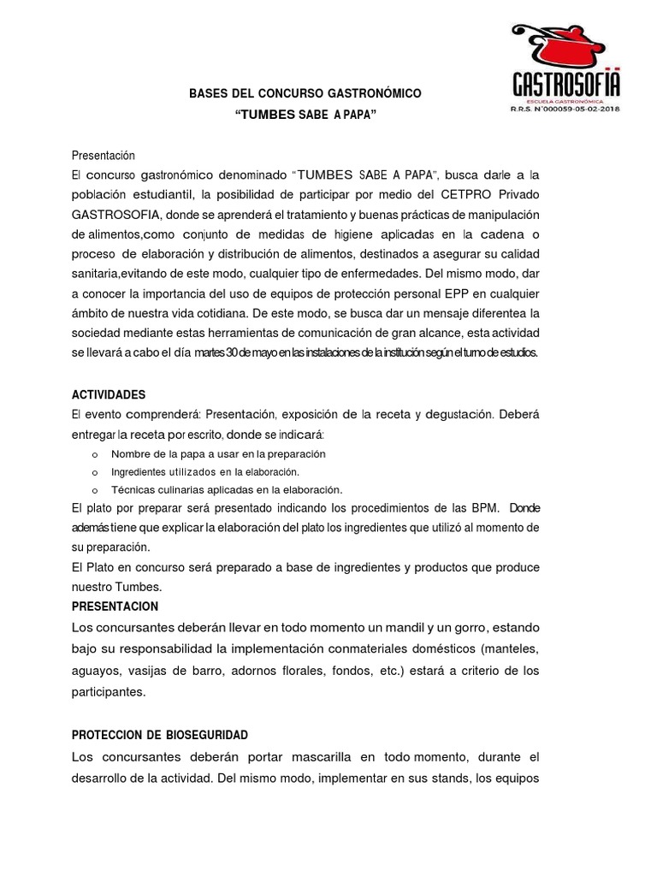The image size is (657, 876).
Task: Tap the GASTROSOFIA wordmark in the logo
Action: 565,86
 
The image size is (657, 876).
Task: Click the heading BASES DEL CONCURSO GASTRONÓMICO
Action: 305,92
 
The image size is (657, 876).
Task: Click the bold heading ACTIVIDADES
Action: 109,394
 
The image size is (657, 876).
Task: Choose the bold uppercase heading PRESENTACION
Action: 115,606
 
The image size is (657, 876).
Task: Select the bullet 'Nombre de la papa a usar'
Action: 218,453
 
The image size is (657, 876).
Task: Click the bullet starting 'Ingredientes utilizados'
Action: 204,471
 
